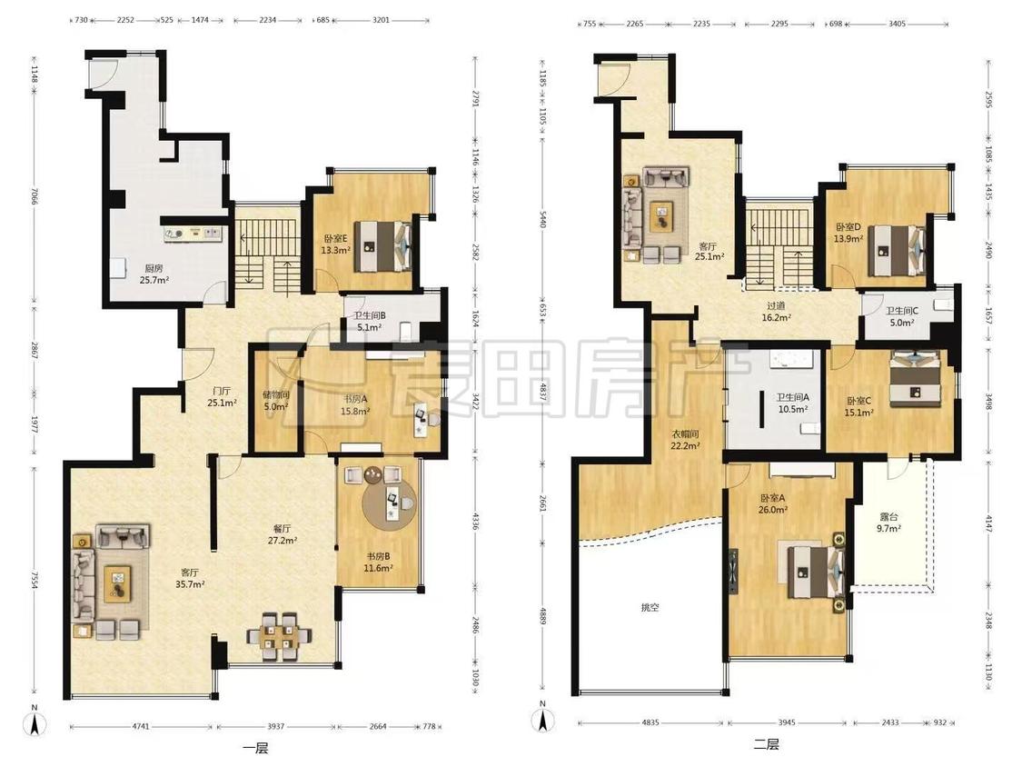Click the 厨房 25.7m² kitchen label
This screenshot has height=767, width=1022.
(x=154, y=274)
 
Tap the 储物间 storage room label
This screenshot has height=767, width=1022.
(x=275, y=401)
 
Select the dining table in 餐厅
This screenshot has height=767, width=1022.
(x=280, y=636)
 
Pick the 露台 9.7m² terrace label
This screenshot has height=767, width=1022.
(x=888, y=523)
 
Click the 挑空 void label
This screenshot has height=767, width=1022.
(x=650, y=607)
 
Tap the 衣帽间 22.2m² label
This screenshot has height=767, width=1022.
(x=685, y=440)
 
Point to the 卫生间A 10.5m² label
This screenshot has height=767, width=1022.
(x=792, y=403)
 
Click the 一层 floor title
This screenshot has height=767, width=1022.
(x=255, y=748)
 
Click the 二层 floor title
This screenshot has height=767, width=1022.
(x=767, y=744)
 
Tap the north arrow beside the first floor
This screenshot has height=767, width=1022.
(x=35, y=721)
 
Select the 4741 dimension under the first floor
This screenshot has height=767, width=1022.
(x=141, y=726)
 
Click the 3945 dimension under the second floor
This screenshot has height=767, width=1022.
(x=787, y=722)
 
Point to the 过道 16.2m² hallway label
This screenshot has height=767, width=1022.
(x=776, y=311)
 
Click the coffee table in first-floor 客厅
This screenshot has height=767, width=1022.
(x=118, y=584)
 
